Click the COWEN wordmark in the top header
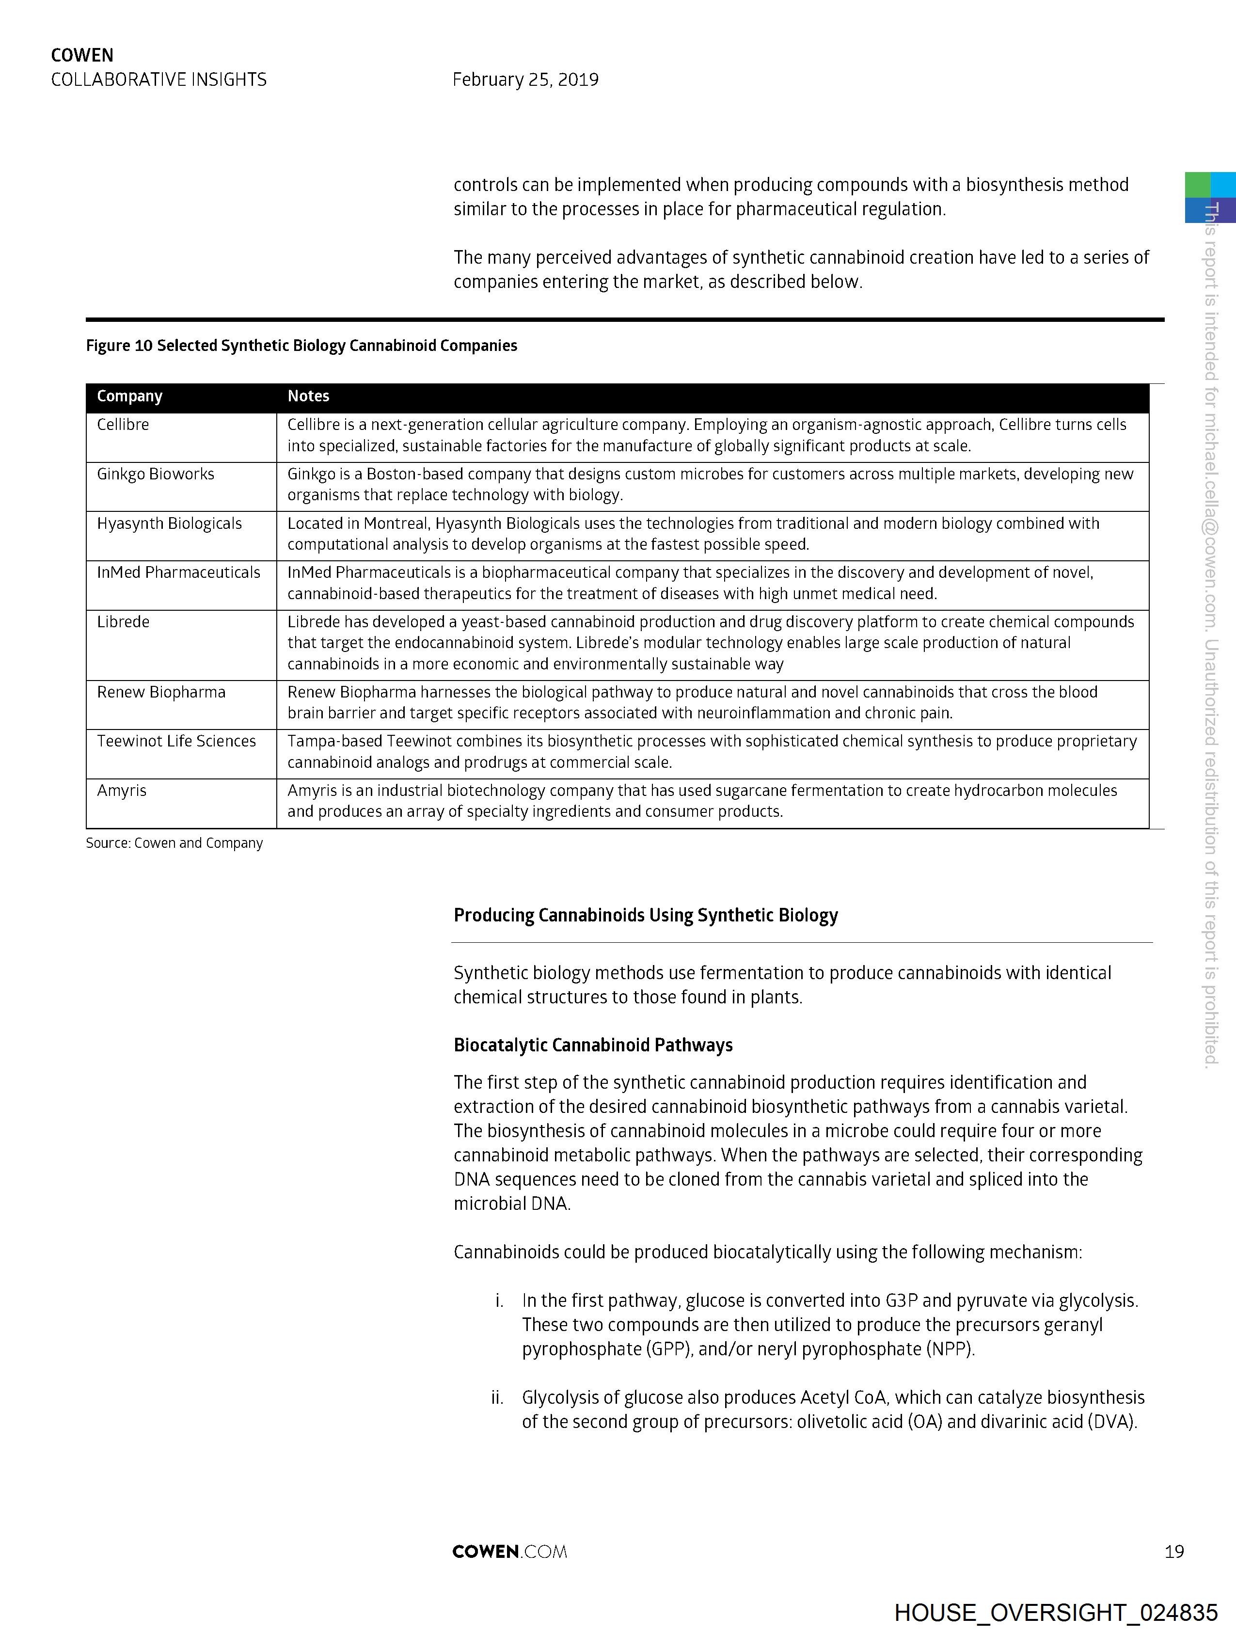click(x=82, y=55)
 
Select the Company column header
click(x=129, y=396)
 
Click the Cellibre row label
click(x=123, y=425)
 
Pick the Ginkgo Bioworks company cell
click(x=155, y=474)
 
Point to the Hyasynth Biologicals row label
click(x=169, y=523)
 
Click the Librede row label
click(x=123, y=621)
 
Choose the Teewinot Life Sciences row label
click(x=176, y=741)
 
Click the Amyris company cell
click(x=121, y=791)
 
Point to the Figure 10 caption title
click(x=301, y=346)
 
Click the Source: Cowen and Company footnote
click(x=174, y=843)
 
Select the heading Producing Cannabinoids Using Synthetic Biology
click(x=645, y=916)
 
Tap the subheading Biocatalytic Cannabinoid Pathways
click(x=593, y=1046)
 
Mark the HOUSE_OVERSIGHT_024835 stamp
click(x=1055, y=1612)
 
